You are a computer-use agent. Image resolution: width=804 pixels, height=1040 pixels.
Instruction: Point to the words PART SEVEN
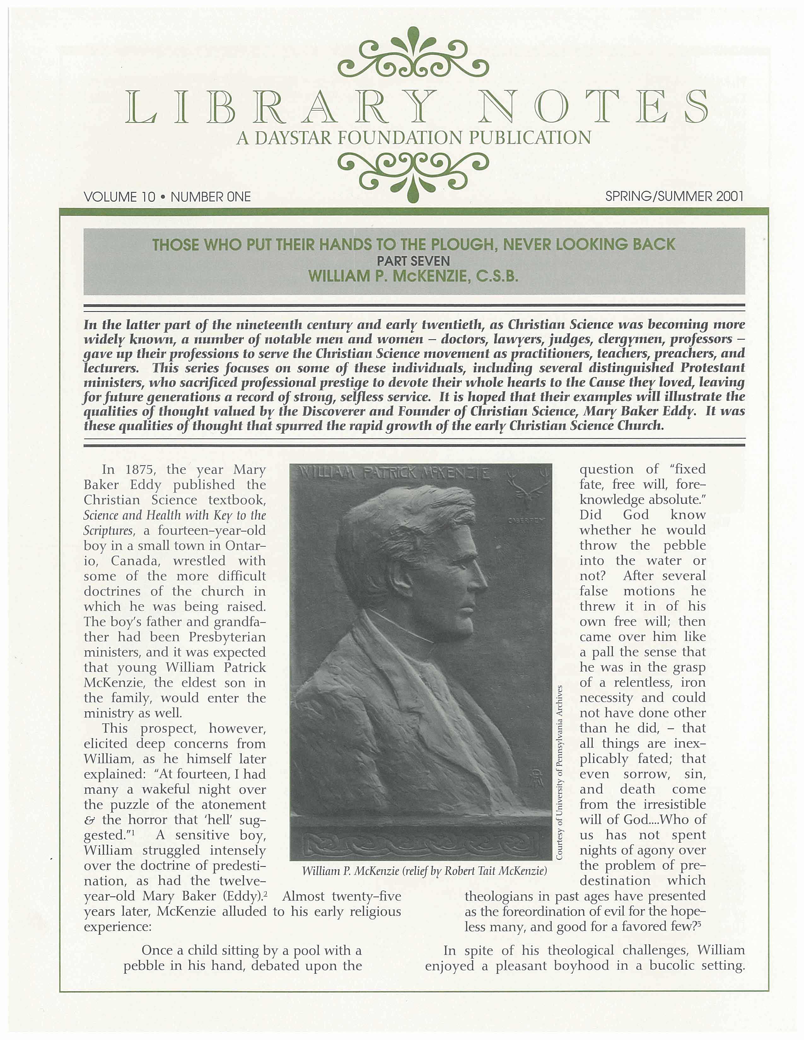[413, 261]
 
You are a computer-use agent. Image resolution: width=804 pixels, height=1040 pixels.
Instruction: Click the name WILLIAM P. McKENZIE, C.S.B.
[413, 276]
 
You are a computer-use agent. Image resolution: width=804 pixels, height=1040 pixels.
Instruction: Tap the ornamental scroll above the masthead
[413, 55]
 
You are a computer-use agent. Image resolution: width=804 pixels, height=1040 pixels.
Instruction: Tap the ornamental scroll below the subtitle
[413, 174]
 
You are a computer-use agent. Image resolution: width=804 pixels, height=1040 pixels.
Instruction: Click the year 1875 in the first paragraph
[142, 470]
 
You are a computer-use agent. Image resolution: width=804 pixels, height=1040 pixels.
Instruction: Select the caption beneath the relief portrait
[424, 871]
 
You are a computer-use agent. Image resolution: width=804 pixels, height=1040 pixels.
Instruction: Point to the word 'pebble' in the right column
[685, 545]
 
